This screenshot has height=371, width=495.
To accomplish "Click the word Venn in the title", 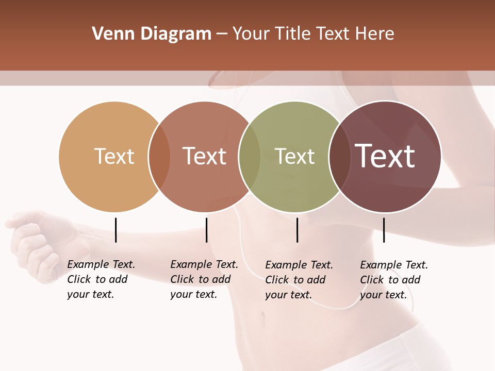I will (110, 34).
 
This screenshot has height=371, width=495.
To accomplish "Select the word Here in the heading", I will (376, 34).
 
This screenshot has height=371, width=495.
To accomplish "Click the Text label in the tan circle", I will (114, 156).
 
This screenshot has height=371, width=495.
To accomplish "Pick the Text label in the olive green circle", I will (294, 156).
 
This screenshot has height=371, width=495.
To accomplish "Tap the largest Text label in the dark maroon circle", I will (385, 156).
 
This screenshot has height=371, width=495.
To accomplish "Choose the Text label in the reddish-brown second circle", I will (204, 156).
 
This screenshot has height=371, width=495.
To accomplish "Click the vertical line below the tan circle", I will (115, 230).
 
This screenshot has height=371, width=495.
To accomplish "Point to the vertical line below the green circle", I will (297, 230).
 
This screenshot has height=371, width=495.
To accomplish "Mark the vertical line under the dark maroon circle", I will (384, 230).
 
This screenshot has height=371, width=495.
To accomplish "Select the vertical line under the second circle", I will (206, 230).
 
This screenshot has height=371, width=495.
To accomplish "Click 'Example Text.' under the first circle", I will (101, 264).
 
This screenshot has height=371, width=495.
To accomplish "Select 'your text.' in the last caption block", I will (383, 295).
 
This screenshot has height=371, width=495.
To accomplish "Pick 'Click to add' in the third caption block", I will (295, 280).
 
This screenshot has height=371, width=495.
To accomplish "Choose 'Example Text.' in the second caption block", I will (204, 264).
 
